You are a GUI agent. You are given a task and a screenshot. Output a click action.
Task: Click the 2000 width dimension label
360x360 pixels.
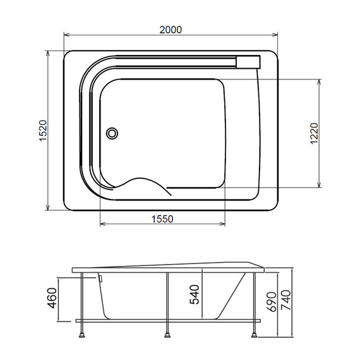point(171,30)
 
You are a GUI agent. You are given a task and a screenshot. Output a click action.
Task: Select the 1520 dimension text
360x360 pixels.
point(43,130)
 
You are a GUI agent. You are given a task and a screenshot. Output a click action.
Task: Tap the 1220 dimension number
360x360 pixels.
point(314,133)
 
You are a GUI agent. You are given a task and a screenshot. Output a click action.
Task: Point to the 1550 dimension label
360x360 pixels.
point(162,219)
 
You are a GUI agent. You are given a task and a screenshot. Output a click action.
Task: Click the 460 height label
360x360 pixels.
point(52,297)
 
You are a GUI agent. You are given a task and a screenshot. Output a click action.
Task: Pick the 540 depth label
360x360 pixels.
point(195,294)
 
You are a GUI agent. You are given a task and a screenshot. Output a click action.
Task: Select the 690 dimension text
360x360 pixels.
point(272,302)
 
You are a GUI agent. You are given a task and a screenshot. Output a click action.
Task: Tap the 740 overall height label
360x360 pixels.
point(286,300)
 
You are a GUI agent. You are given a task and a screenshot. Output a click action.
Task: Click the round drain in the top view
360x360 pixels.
point(112,133)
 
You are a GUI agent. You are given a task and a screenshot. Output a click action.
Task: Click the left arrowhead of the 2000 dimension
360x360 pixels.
point(66,35)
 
